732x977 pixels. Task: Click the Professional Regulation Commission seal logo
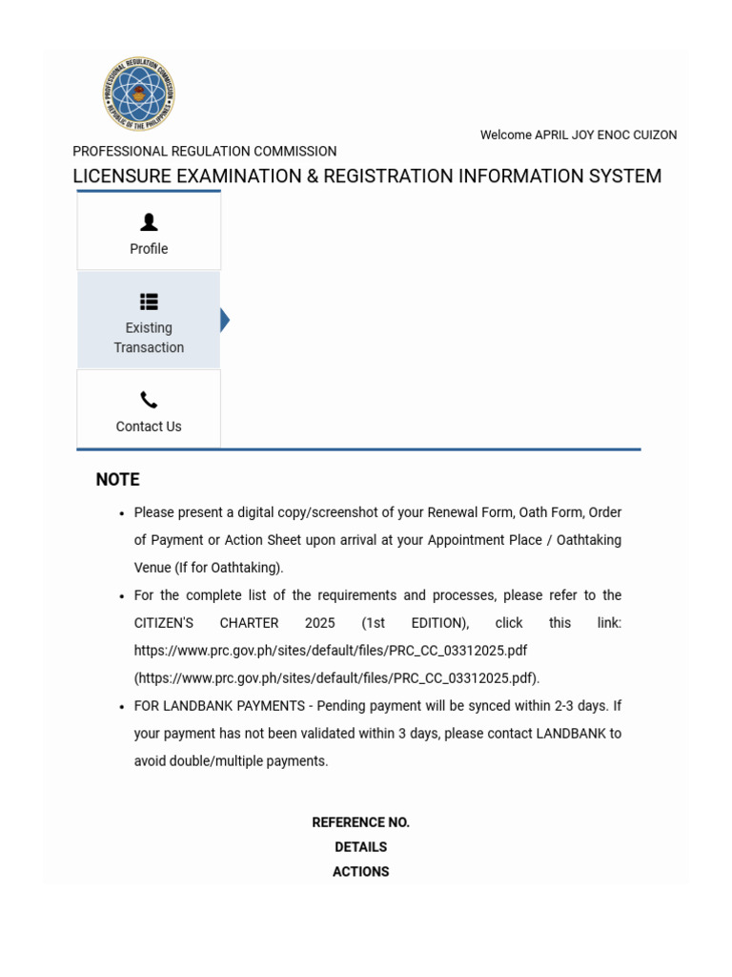point(139,94)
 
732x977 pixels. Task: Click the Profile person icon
point(149,222)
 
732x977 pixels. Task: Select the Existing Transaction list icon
point(149,301)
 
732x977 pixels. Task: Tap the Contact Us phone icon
point(149,400)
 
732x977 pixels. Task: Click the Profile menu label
point(149,249)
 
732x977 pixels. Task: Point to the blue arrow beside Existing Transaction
point(225,321)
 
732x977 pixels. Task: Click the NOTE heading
point(117,480)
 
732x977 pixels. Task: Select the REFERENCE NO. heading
point(360,822)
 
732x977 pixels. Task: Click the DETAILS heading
point(360,847)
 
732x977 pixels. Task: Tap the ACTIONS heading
point(360,872)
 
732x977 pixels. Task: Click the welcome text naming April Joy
point(578,135)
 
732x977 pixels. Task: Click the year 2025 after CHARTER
point(320,623)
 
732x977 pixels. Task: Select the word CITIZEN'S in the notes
point(164,623)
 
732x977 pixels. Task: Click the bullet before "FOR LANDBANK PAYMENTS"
point(122,707)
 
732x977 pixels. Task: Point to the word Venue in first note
point(152,568)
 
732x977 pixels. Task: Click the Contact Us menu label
point(149,426)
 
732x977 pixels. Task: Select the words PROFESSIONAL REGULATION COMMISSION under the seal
point(205,152)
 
